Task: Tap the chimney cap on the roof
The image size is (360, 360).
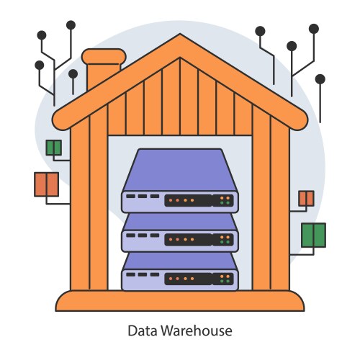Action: [x=103, y=55]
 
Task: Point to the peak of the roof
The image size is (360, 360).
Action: [x=179, y=40]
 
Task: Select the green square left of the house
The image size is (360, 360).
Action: [x=54, y=148]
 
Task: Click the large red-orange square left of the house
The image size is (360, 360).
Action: [x=46, y=184]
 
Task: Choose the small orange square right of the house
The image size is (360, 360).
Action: [x=306, y=198]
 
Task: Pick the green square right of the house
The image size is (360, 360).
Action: [x=313, y=235]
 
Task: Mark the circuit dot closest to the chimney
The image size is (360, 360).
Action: [x=73, y=73]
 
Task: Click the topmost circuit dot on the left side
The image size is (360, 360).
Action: [x=71, y=24]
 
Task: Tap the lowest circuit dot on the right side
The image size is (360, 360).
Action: [x=320, y=78]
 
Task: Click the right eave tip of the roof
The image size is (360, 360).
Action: [x=305, y=118]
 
